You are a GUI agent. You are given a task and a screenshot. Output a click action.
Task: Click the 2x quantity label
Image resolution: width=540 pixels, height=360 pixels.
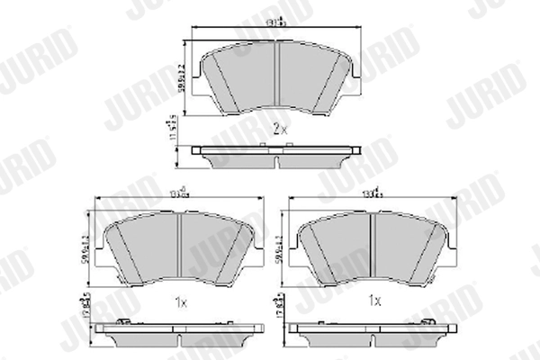point(279,130)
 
